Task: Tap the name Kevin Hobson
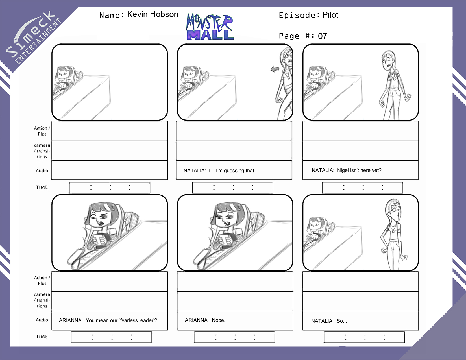(x=153, y=14)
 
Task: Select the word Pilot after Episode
(x=330, y=15)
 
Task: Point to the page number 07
(x=322, y=36)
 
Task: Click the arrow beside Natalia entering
(x=275, y=69)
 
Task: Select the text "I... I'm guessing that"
(x=231, y=171)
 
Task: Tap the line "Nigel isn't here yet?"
(x=359, y=170)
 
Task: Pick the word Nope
(x=218, y=320)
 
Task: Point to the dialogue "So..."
(x=342, y=321)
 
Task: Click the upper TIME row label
(x=42, y=187)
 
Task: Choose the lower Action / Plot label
(x=42, y=280)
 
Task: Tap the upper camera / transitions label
(x=42, y=151)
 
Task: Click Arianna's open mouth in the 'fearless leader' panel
(x=101, y=223)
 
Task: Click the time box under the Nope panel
(x=234, y=337)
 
